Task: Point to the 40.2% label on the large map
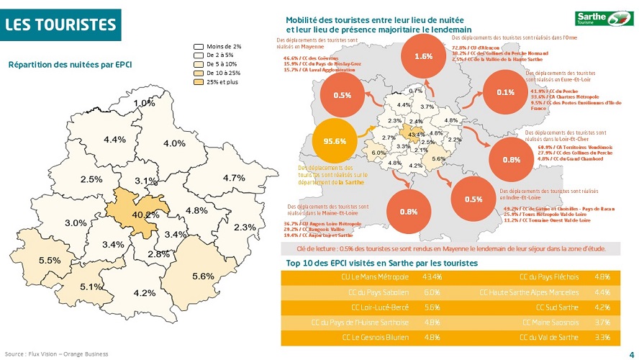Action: pyautogui.click(x=145, y=214)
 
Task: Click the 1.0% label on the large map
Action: pyautogui.click(x=144, y=103)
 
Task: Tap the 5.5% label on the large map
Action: pyautogui.click(x=50, y=260)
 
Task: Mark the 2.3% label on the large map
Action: pyautogui.click(x=245, y=228)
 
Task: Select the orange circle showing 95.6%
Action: pyautogui.click(x=335, y=140)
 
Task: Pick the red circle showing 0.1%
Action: pyautogui.click(x=505, y=92)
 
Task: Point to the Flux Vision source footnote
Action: pyautogui.click(x=56, y=354)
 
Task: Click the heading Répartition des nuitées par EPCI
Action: pyautogui.click(x=71, y=65)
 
